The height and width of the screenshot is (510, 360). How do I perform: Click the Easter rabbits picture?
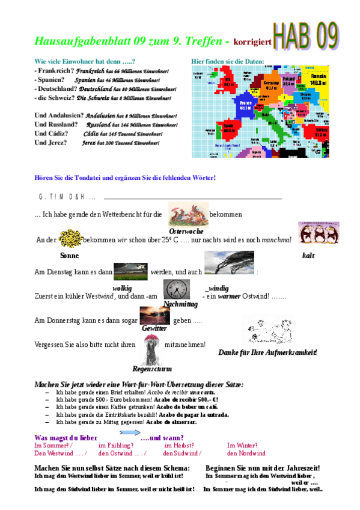[188, 213]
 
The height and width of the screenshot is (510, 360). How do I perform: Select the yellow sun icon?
[70, 239]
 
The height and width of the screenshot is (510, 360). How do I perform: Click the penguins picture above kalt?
[311, 233]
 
